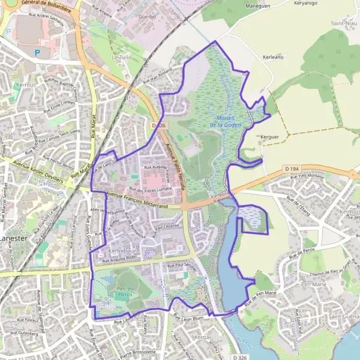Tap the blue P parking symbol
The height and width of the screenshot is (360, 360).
[x=37, y=52]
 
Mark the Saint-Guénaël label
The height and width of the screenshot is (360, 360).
[x=344, y=316]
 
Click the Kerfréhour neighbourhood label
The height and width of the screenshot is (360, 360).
[x=124, y=250]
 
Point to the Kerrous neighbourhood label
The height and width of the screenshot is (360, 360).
[x=26, y=85]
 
